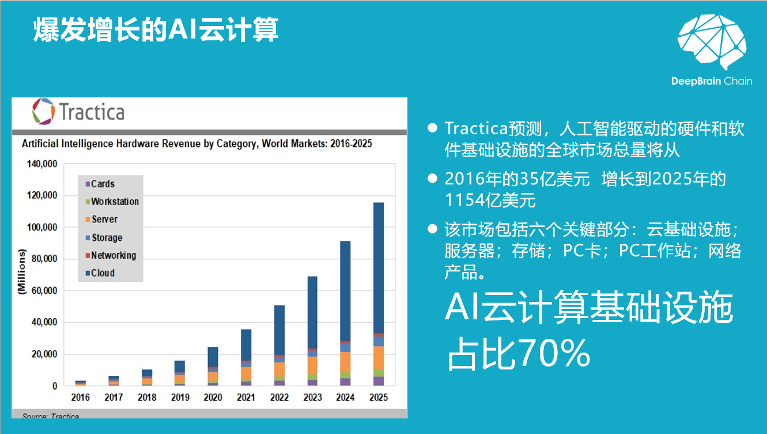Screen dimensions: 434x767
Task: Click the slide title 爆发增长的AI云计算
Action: [x=156, y=30]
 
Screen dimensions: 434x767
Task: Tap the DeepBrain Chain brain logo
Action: [x=712, y=43]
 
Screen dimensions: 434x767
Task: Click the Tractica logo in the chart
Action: [x=78, y=111]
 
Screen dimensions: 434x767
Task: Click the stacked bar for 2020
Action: [x=213, y=365]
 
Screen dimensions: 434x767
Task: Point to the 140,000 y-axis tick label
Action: [x=42, y=164]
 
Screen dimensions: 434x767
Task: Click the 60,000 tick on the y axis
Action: [x=44, y=290]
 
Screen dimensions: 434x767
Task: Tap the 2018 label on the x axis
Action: [x=146, y=397]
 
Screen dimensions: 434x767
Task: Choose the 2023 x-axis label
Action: [x=312, y=397]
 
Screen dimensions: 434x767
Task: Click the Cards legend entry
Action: [x=103, y=184]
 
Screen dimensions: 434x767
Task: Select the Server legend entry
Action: [x=104, y=220]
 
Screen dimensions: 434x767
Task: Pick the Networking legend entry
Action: [x=113, y=255]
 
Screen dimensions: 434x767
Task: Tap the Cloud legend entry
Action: [x=103, y=273]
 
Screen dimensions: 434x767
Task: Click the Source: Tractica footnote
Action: [x=51, y=416]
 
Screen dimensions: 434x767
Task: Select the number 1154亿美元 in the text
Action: [x=490, y=200]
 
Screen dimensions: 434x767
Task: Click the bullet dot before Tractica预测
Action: [x=432, y=128]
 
